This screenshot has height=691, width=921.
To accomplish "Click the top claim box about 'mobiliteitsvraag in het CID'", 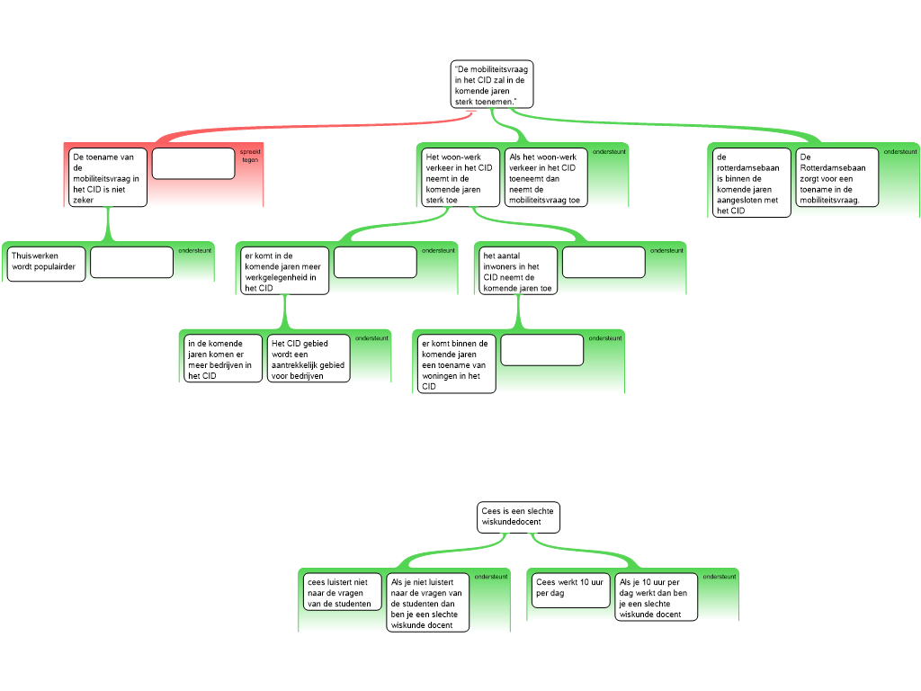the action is (x=492, y=84).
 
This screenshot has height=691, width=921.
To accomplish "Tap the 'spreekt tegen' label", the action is (x=250, y=156).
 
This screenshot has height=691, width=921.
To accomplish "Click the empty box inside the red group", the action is (x=193, y=164).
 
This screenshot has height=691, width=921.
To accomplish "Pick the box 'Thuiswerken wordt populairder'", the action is (x=47, y=264).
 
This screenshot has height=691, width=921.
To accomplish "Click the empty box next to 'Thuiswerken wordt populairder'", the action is (x=131, y=262).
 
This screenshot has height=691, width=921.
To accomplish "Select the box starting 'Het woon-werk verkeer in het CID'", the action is (x=460, y=177).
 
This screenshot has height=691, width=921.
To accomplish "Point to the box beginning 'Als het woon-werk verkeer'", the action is (x=546, y=177).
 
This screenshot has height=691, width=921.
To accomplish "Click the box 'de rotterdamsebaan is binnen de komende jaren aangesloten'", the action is (x=751, y=183).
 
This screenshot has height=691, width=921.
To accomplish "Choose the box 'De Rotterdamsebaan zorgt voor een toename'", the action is (x=837, y=177).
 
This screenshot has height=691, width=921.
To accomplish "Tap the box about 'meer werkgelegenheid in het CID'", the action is (x=285, y=270).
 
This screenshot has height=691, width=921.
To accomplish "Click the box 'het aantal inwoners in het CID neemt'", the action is (x=518, y=270).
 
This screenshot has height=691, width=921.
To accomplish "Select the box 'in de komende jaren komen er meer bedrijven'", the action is (x=223, y=358).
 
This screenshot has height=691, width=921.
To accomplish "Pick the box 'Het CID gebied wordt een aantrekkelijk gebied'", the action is (x=308, y=358).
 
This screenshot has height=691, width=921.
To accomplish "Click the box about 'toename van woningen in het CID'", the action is (x=456, y=363).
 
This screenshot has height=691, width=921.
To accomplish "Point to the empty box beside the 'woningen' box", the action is (x=542, y=350).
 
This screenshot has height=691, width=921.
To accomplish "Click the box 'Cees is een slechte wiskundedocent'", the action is (x=518, y=517).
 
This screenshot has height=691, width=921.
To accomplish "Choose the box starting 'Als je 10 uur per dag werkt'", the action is (x=656, y=597).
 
